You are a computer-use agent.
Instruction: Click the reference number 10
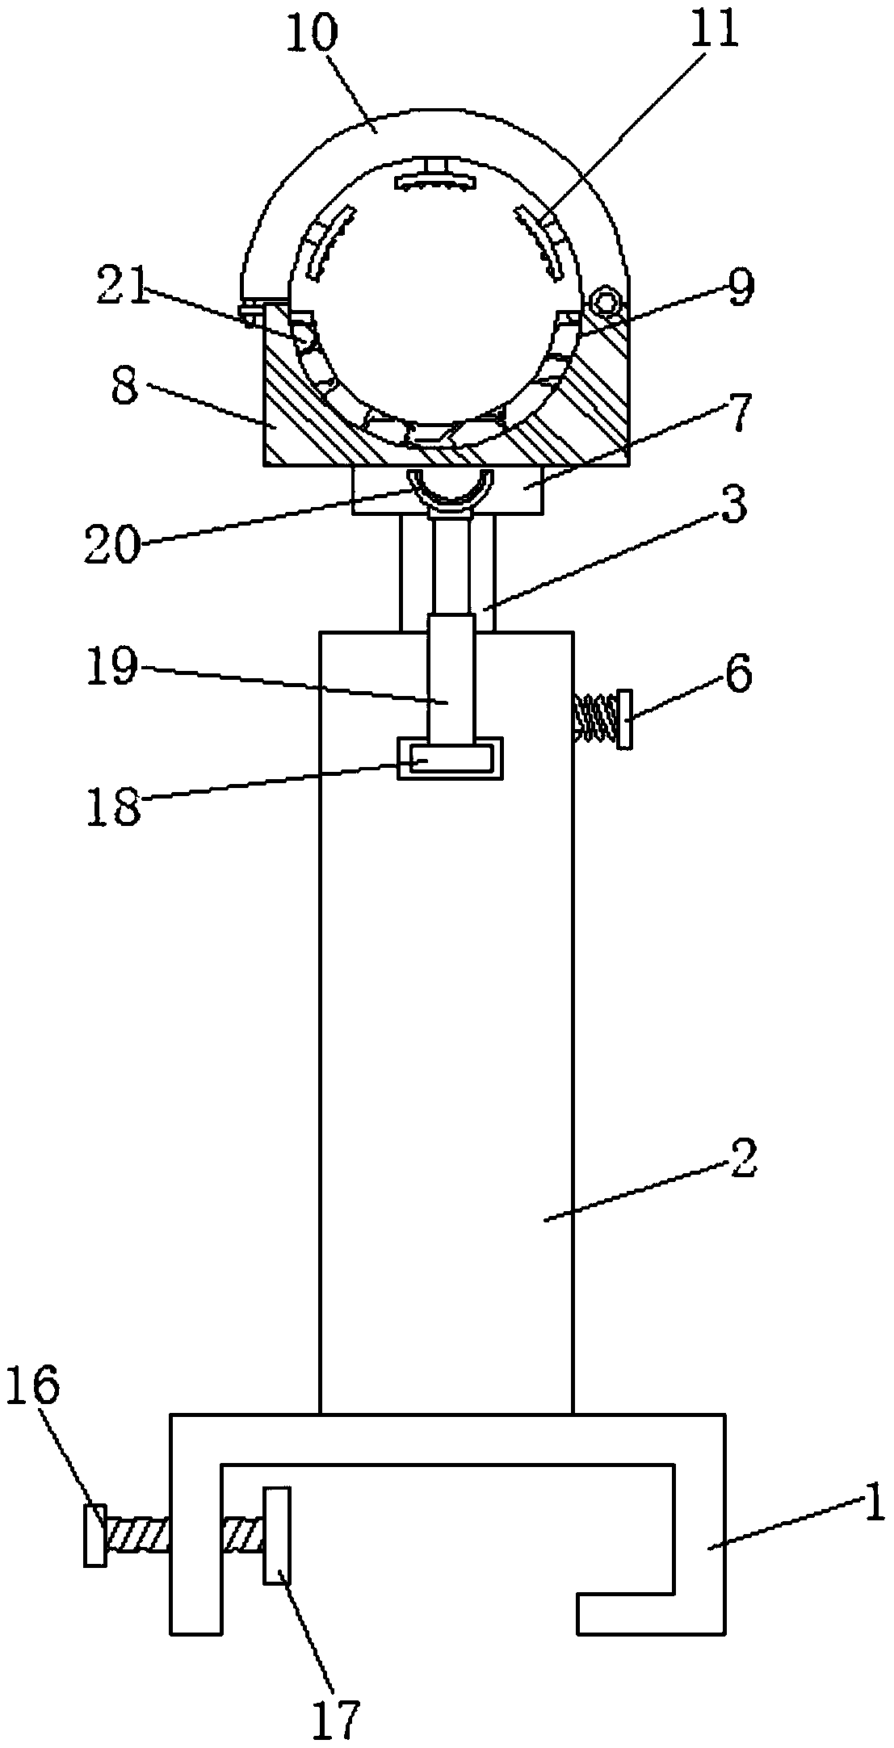pos(312,34)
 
